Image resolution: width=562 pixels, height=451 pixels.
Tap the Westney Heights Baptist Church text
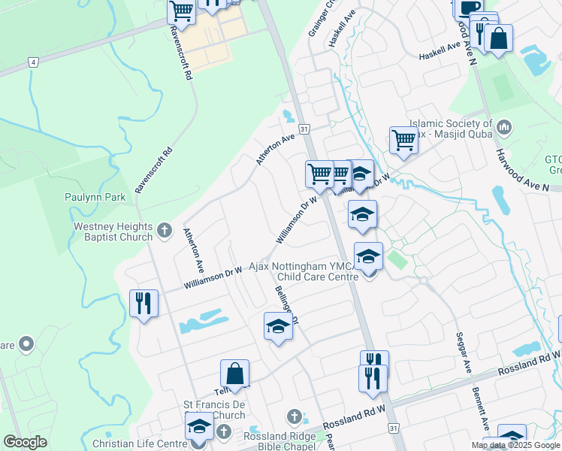[x=113, y=232]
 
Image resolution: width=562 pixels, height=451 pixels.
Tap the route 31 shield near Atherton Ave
[x=304, y=129]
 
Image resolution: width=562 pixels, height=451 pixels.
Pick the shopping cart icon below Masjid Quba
[x=403, y=140]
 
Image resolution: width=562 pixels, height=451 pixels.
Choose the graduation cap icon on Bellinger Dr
[x=278, y=326]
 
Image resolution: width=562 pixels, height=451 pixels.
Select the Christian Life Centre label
[x=140, y=443]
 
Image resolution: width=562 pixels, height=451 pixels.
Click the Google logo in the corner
[x=25, y=442]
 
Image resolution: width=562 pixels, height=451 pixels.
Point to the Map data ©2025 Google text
[x=515, y=445]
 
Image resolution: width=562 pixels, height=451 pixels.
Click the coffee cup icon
[x=470, y=8]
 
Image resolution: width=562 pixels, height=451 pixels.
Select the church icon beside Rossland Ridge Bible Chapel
[x=294, y=416]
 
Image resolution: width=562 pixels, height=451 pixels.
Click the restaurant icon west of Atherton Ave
[x=143, y=303]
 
